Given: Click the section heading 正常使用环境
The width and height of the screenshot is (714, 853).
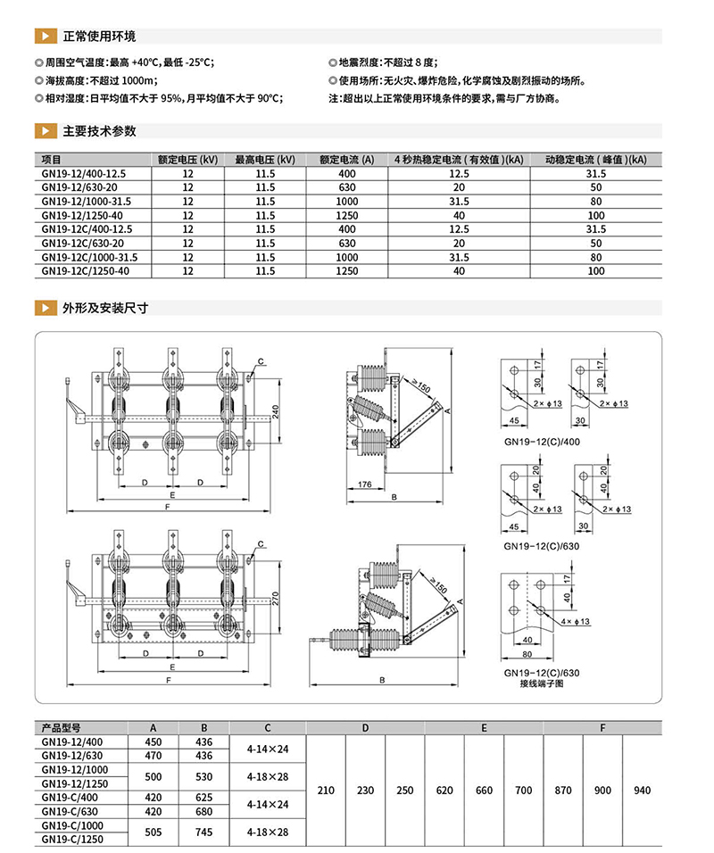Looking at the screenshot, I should point(98,37).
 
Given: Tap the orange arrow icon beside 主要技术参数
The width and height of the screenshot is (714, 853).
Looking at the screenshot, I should point(43,131).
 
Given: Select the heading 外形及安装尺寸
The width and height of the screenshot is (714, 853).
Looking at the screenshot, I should point(104,308).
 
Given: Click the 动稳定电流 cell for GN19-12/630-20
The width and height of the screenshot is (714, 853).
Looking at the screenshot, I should point(596,187).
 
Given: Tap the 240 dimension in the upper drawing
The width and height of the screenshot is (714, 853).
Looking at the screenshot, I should point(276,411).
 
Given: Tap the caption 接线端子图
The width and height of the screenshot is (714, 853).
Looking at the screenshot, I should point(541,683).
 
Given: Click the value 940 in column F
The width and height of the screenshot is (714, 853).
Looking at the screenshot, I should point(641,791).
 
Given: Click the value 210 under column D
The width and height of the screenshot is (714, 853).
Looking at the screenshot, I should point(326,791).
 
